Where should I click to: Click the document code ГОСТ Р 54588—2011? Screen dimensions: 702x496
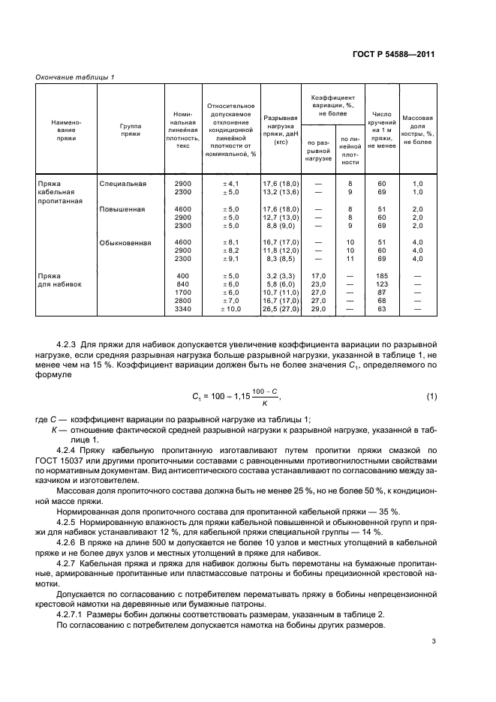coord(397,55)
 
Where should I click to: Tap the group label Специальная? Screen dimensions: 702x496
coord(122,183)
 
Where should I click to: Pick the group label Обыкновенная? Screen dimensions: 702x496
coord(125,242)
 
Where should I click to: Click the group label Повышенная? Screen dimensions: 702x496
coord(122,209)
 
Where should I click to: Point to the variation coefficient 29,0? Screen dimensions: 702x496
coord(318,307)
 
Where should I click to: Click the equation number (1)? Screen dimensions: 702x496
coord(431,395)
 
